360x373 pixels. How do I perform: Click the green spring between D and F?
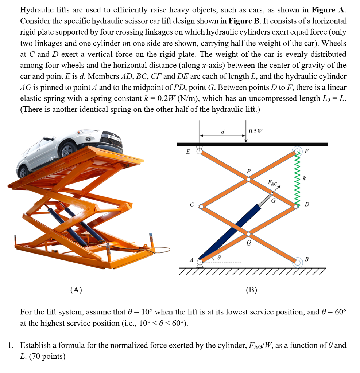(297, 178)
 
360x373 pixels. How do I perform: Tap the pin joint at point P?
(249, 179)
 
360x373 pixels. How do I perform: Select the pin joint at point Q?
(248, 234)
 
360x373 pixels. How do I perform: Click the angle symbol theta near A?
(218, 257)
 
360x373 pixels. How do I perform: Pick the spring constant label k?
(304, 178)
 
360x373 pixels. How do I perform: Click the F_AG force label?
(272, 182)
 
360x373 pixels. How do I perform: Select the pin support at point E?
(200, 151)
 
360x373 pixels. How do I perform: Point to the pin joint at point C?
(201, 206)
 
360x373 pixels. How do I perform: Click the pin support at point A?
(200, 262)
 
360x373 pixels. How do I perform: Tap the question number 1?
(11, 345)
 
